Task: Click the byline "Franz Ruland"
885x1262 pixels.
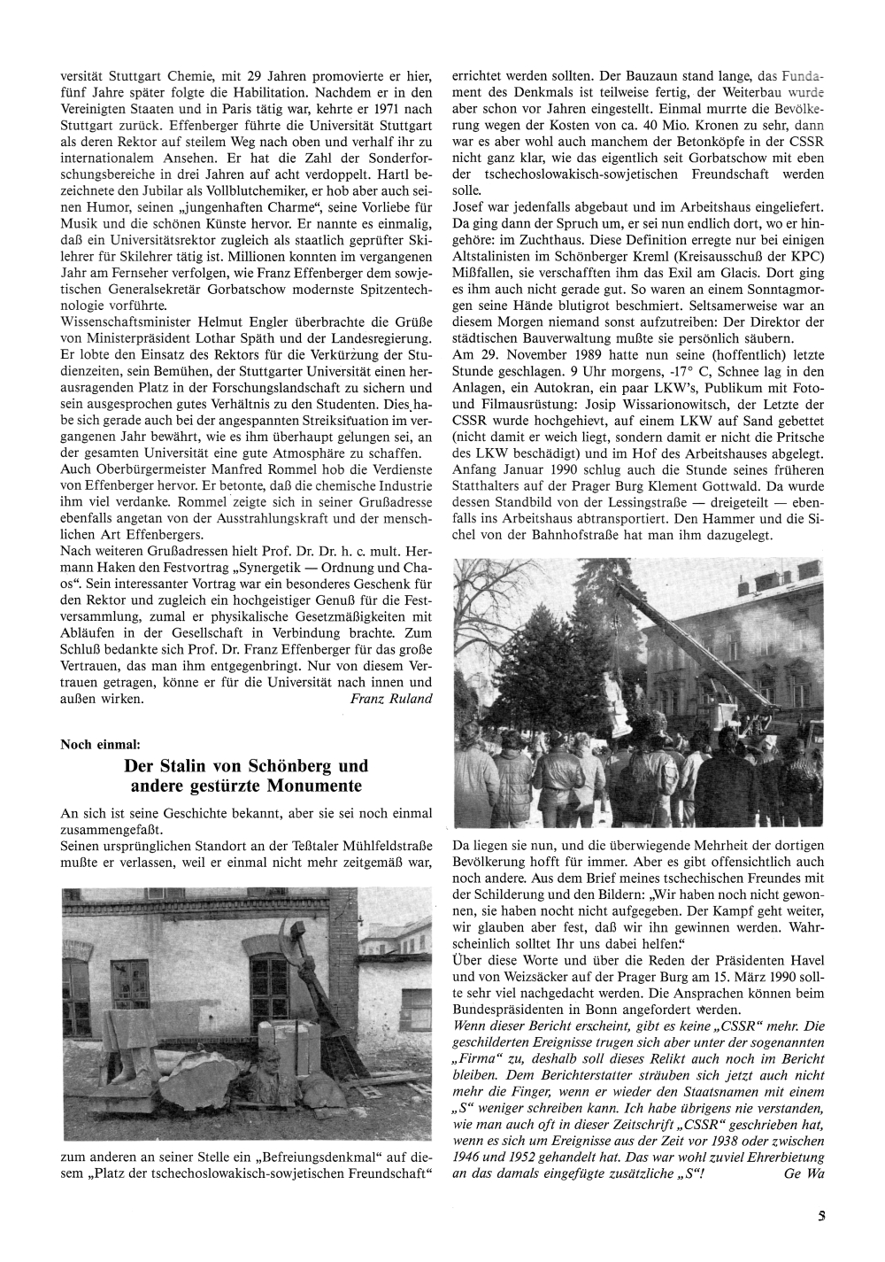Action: point(391,699)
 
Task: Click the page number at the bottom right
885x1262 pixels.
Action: point(822,1217)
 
